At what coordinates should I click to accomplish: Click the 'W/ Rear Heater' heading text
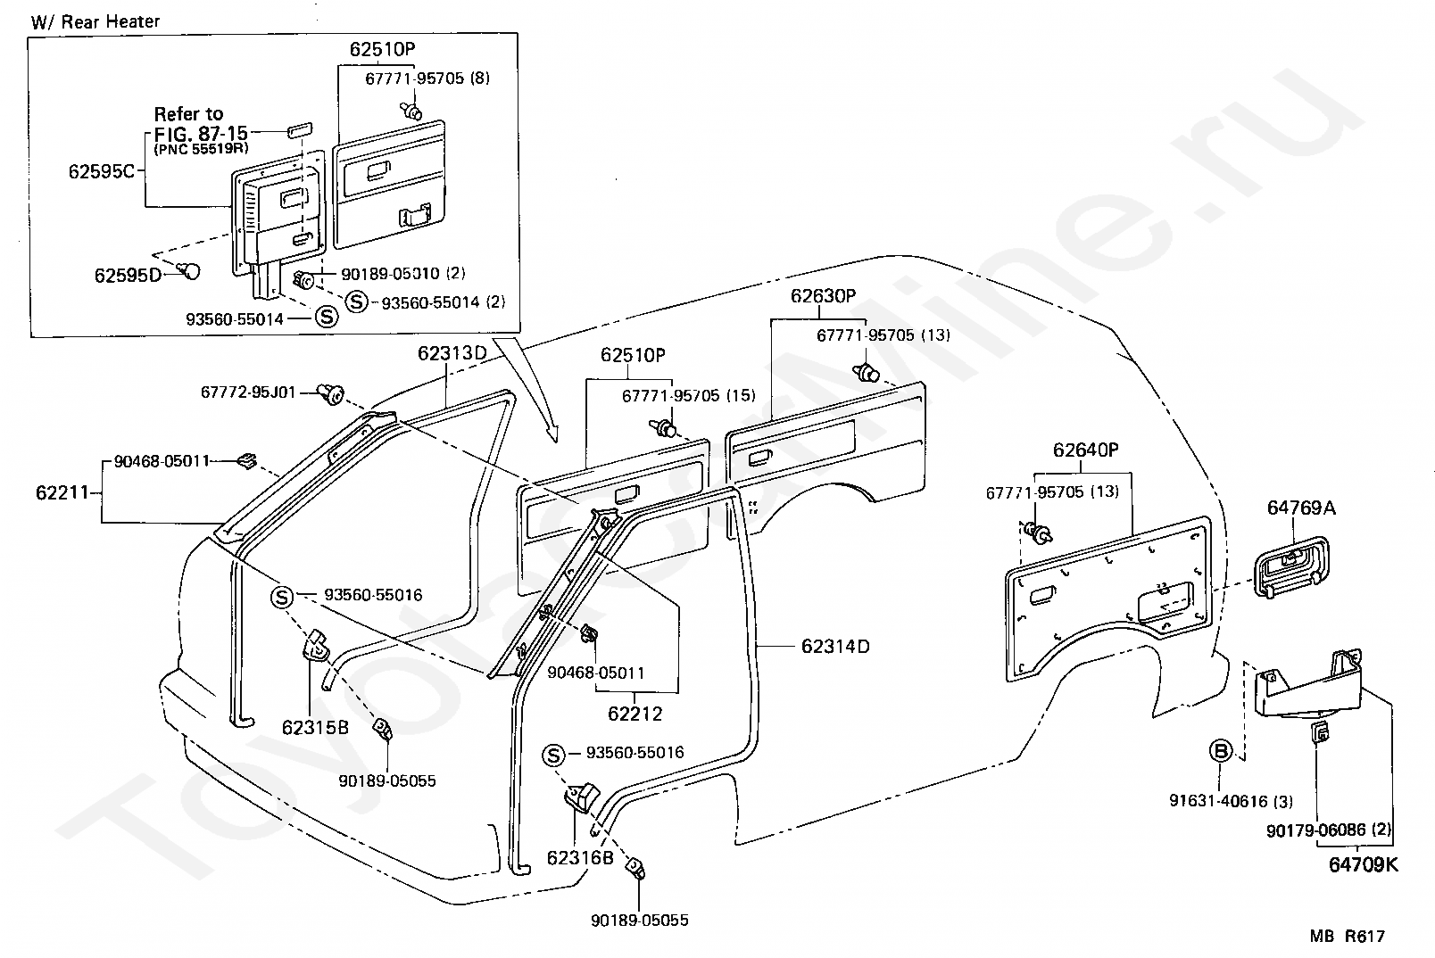click(x=95, y=21)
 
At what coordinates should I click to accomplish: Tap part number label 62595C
click(x=101, y=171)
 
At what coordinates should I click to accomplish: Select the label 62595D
click(x=128, y=276)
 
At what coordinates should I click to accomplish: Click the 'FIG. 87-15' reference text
click(x=201, y=133)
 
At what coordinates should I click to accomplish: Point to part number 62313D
click(x=452, y=353)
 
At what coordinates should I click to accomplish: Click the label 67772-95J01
click(x=248, y=392)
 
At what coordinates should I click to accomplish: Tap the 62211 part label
click(x=62, y=492)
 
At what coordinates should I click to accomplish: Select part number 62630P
click(x=823, y=296)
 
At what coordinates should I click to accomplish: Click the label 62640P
click(x=1085, y=450)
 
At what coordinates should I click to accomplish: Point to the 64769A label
click(x=1301, y=508)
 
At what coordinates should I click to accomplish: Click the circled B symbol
click(x=1221, y=750)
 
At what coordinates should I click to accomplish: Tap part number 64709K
click(x=1364, y=864)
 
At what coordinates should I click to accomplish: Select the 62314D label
click(x=835, y=646)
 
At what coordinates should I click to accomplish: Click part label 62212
click(x=635, y=714)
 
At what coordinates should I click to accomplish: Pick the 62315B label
click(x=315, y=728)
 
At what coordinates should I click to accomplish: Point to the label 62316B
click(x=580, y=857)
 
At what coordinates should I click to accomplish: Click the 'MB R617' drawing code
click(x=1348, y=937)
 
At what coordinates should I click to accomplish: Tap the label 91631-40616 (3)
click(x=1231, y=801)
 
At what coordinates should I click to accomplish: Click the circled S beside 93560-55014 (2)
click(x=357, y=301)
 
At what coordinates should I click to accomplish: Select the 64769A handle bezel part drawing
click(x=1290, y=567)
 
